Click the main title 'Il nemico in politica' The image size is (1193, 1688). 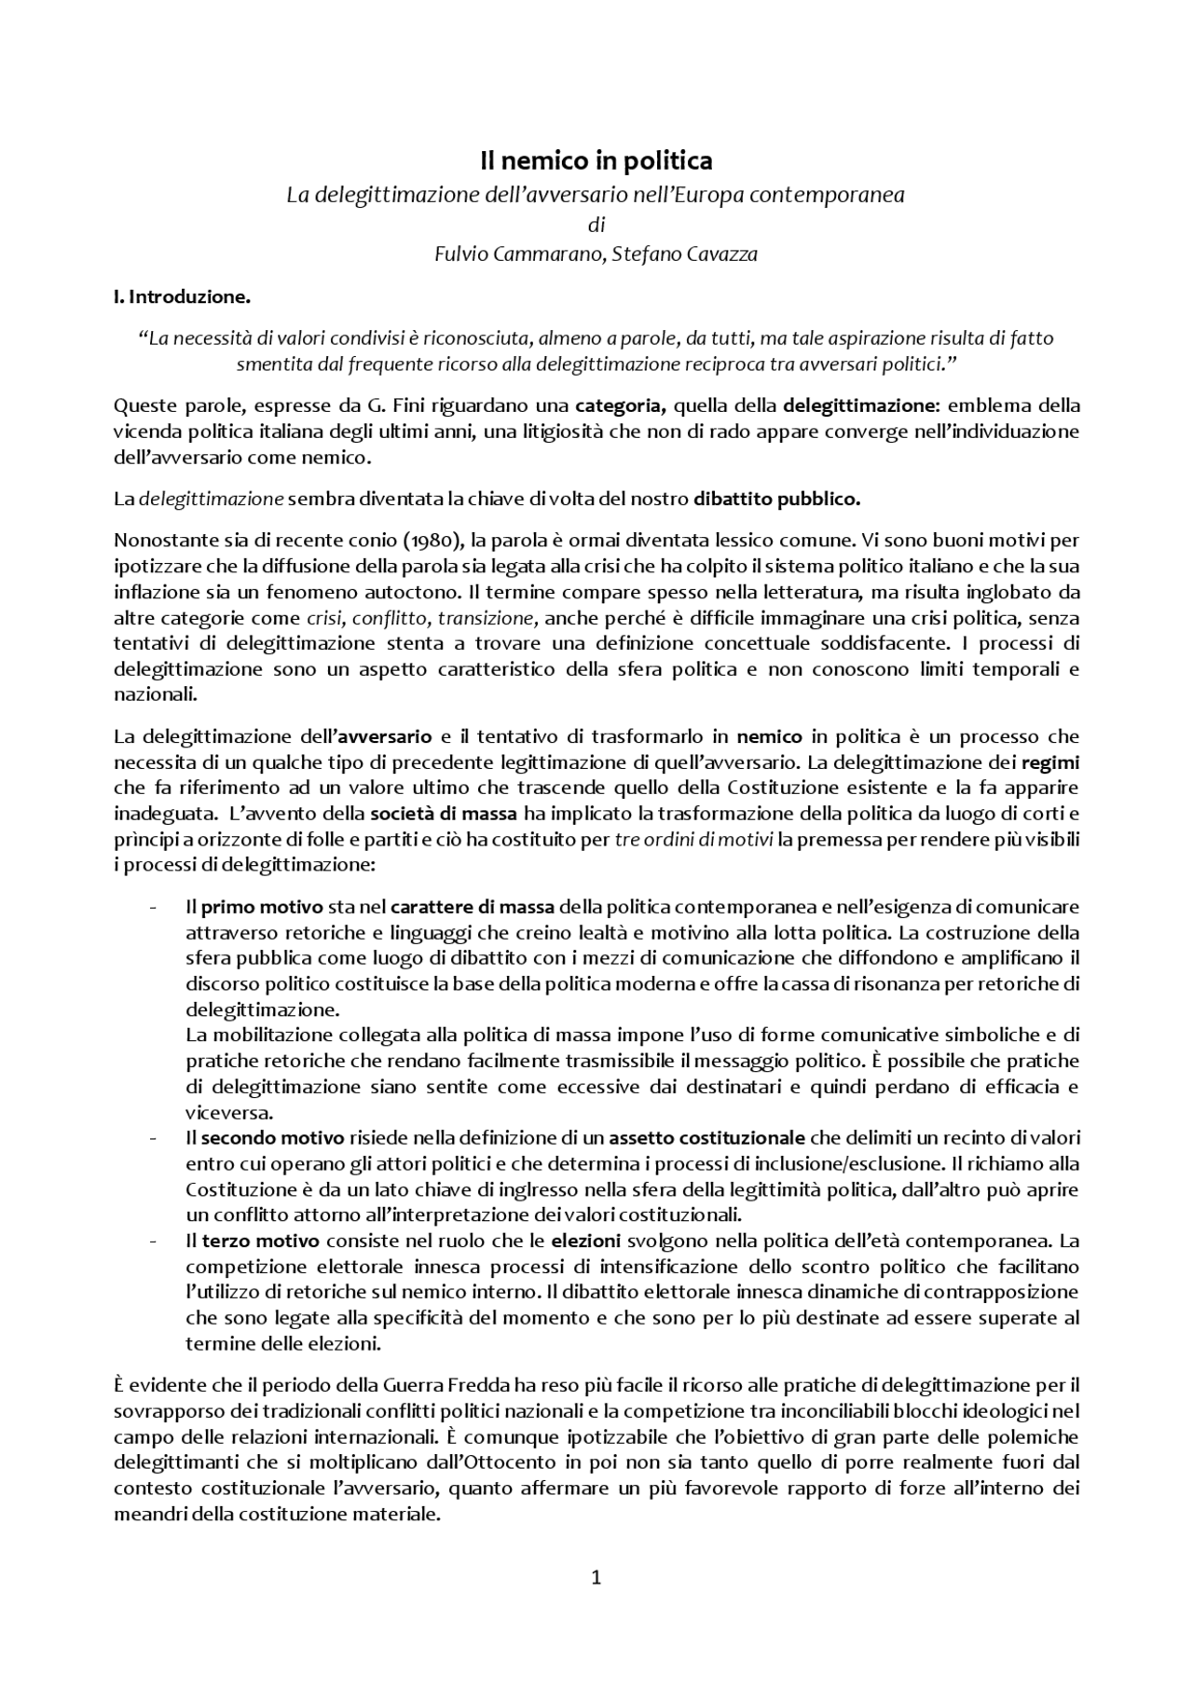[x=596, y=161]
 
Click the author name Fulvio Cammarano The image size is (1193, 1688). [x=516, y=254]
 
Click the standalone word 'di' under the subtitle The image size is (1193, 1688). [x=596, y=225]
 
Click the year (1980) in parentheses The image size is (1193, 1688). [x=435, y=540]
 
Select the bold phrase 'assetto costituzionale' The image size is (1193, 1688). [x=706, y=1138]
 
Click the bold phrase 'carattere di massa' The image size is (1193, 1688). [x=473, y=907]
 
